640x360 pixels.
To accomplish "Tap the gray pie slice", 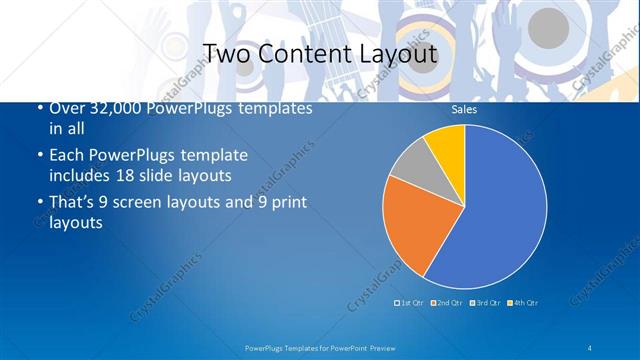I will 413,168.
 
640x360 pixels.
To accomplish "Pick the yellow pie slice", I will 447,146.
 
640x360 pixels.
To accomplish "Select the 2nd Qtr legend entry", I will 447,302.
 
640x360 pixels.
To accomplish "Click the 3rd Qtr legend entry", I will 485,302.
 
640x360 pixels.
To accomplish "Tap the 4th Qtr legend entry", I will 523,302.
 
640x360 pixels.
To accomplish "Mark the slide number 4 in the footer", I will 590,347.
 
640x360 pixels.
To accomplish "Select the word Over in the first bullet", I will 66,108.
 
